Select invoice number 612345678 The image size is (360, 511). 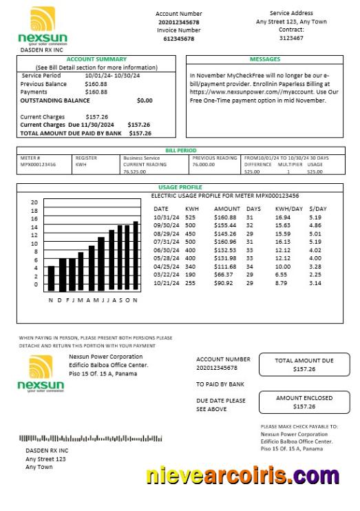[x=178, y=39]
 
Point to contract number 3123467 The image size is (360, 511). [x=290, y=39]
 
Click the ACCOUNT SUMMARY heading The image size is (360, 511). [x=96, y=60]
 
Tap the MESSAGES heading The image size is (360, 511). [x=264, y=60]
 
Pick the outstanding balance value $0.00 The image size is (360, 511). [x=145, y=101]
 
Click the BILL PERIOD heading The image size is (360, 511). [x=180, y=149]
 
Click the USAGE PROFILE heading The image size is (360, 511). [x=180, y=187]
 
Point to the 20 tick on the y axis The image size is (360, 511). [x=34, y=202]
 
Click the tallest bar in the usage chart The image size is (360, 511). [x=136, y=255]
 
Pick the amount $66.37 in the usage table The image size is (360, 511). [x=224, y=275]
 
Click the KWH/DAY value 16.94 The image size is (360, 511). [x=282, y=217]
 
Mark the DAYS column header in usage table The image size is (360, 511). [x=253, y=208]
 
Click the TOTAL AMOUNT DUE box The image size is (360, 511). [x=304, y=365]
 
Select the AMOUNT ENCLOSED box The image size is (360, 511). [x=304, y=402]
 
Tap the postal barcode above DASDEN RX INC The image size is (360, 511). [x=90, y=438]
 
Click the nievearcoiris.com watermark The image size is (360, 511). [x=242, y=476]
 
